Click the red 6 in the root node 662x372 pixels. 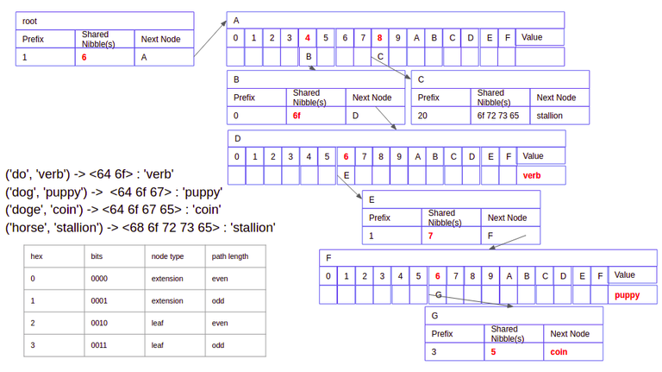tap(84, 57)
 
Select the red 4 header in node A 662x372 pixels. tap(308, 38)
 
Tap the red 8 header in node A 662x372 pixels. tap(379, 38)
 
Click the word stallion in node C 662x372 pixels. tap(549, 116)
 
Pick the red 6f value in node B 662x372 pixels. tap(297, 116)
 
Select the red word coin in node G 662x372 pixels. tap(559, 353)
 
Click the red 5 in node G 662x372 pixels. tap(494, 353)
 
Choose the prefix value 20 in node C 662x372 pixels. tap(423, 116)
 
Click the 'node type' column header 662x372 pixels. tap(167, 256)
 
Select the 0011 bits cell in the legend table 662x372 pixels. tap(99, 345)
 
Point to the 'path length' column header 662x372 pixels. tap(230, 256)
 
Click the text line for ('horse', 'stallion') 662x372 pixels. tap(141, 228)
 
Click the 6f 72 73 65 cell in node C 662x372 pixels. tap(497, 116)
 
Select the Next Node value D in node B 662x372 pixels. tap(354, 116)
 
